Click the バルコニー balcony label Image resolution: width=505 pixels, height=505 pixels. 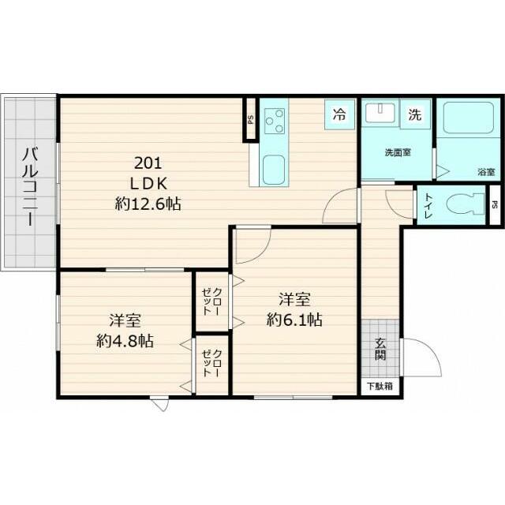pos(30,186)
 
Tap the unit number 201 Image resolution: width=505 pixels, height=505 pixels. pos(148,163)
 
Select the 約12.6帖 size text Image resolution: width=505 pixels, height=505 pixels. pos(148,204)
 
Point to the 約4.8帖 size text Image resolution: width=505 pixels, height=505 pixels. pos(125,341)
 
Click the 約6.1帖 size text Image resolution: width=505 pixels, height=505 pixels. pos(294,320)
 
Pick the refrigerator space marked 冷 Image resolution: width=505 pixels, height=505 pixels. pos(339,114)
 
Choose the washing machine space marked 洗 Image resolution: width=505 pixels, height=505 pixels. pos(415,114)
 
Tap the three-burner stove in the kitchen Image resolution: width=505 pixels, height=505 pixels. pos(275,121)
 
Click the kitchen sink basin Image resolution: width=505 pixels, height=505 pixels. pos(274,170)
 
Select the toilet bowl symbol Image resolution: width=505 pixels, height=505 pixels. pos(466,204)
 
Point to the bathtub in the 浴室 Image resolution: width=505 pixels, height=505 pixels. pos(468,118)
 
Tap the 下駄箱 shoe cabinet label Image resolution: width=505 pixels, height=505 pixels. pos(380,386)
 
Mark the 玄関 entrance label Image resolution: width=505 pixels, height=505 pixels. pos(380,350)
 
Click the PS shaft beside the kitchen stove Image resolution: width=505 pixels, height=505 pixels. pos(250,119)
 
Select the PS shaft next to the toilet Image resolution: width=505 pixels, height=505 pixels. pos(495,205)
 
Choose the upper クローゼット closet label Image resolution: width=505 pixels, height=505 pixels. pos(212,301)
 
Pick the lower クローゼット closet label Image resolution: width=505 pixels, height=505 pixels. pos(212,363)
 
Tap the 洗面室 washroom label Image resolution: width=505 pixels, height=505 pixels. pos(398,152)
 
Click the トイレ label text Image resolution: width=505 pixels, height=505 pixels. pos(428,206)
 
